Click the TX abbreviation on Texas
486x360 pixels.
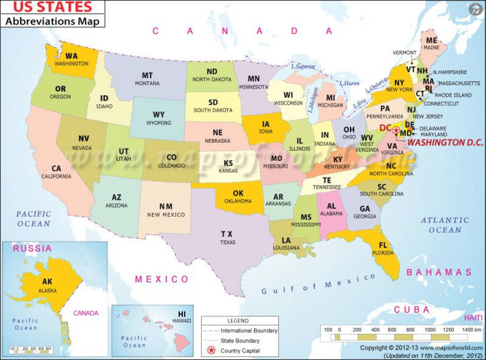(227, 234)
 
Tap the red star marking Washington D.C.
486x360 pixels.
(396, 129)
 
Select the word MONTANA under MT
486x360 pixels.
(147, 83)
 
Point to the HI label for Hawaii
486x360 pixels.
(182, 314)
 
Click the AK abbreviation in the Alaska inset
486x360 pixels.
(47, 281)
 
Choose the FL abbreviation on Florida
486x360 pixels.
(383, 245)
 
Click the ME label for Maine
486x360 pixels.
(431, 41)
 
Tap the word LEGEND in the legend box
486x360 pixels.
(237, 321)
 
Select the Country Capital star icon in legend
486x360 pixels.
(211, 351)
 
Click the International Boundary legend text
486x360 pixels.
(249, 331)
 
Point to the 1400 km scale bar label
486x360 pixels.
(472, 330)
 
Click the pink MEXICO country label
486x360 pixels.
(162, 279)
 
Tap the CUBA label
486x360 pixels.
(411, 310)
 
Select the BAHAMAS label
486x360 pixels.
(439, 272)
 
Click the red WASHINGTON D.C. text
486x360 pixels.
(445, 142)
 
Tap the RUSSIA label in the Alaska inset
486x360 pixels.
(32, 248)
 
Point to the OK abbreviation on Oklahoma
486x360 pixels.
(238, 194)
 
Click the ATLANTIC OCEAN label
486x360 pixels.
(445, 225)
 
